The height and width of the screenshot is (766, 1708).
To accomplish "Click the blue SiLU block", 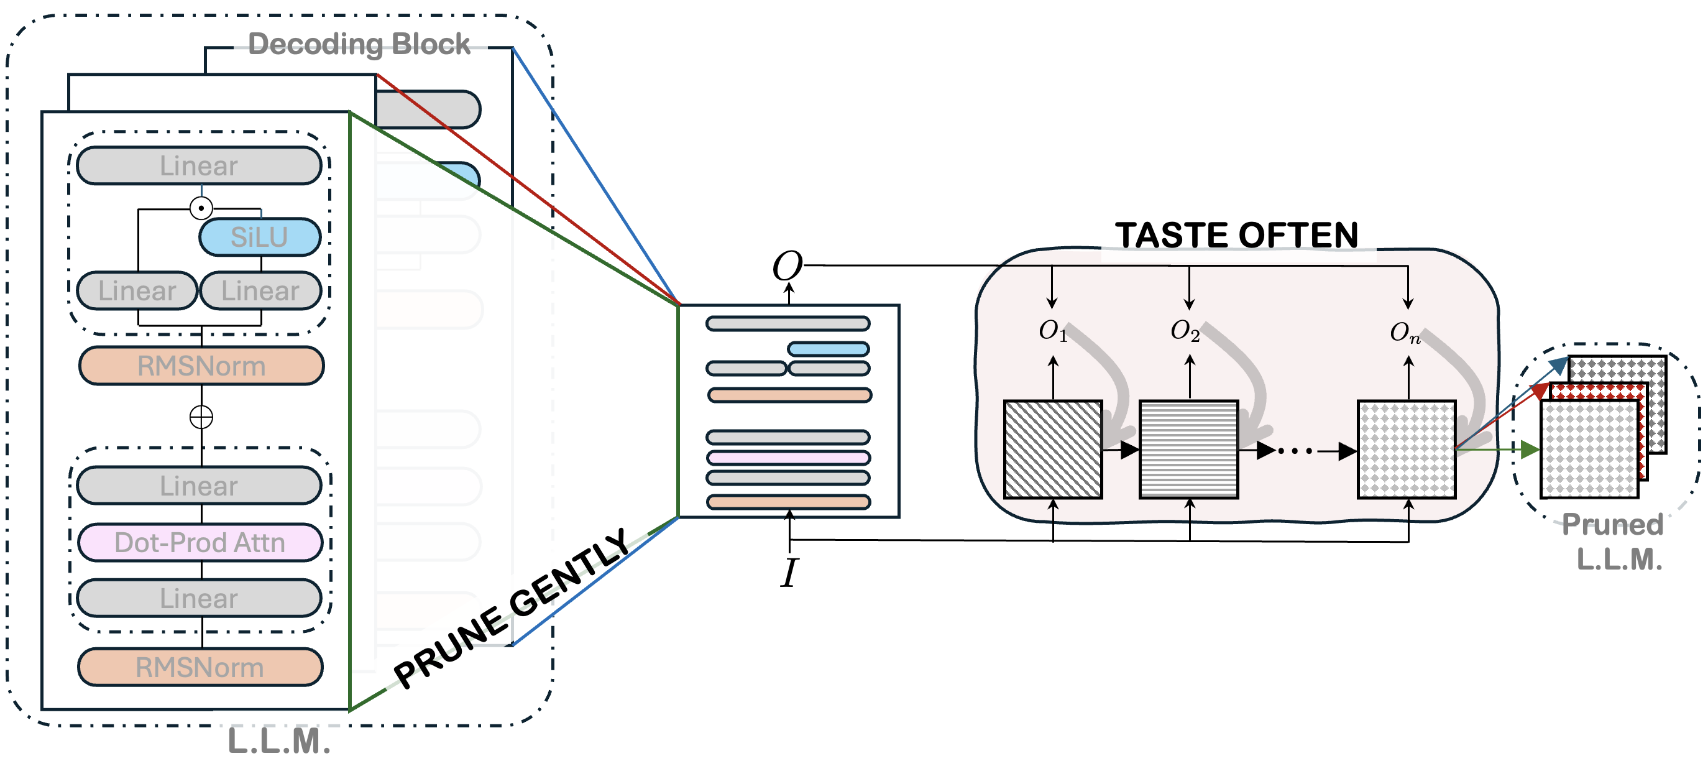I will [x=260, y=237].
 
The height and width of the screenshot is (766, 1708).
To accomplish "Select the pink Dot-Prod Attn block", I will [x=200, y=543].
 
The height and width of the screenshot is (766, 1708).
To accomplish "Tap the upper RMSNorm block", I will [x=201, y=366].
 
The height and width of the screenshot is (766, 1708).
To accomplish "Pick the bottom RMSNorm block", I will [x=200, y=667].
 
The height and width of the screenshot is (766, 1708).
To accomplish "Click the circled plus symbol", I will [x=201, y=417].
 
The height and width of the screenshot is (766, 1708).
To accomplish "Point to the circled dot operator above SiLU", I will [x=201, y=208].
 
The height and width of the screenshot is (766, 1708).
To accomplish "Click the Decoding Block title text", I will [x=359, y=44].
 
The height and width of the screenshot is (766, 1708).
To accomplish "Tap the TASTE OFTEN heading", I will [x=1237, y=235].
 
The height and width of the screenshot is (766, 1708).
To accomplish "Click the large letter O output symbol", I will [x=787, y=267].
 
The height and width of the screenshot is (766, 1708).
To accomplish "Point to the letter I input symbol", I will [x=789, y=573].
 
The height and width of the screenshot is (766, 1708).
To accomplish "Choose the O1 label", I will [x=1052, y=330].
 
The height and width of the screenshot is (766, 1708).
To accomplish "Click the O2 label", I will [x=1185, y=330].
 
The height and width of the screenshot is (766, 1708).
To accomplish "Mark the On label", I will [x=1405, y=332].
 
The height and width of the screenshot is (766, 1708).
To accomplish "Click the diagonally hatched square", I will [x=1053, y=450].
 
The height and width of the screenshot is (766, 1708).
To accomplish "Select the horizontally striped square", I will [x=1189, y=450].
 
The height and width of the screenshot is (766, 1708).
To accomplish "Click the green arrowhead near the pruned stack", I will [x=1530, y=450].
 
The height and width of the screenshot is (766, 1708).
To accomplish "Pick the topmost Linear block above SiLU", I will [x=199, y=165].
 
